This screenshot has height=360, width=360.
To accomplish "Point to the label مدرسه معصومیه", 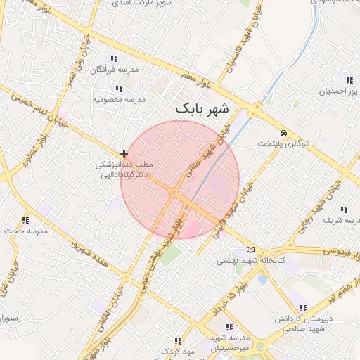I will pyautogui.click(x=119, y=100).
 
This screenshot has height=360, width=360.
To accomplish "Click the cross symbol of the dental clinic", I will pyautogui.click(x=124, y=153).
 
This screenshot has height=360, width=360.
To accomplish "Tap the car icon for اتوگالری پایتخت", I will pyautogui.click(x=283, y=133).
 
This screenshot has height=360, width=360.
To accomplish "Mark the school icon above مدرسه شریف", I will pyautogui.click(x=344, y=210).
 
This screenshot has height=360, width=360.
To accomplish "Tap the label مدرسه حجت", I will pyautogui.click(x=26, y=231).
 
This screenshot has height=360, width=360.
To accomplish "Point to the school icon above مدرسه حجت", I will pyautogui.click(x=26, y=220).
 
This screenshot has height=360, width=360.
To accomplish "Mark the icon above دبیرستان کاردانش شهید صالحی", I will pyautogui.click(x=303, y=308).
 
